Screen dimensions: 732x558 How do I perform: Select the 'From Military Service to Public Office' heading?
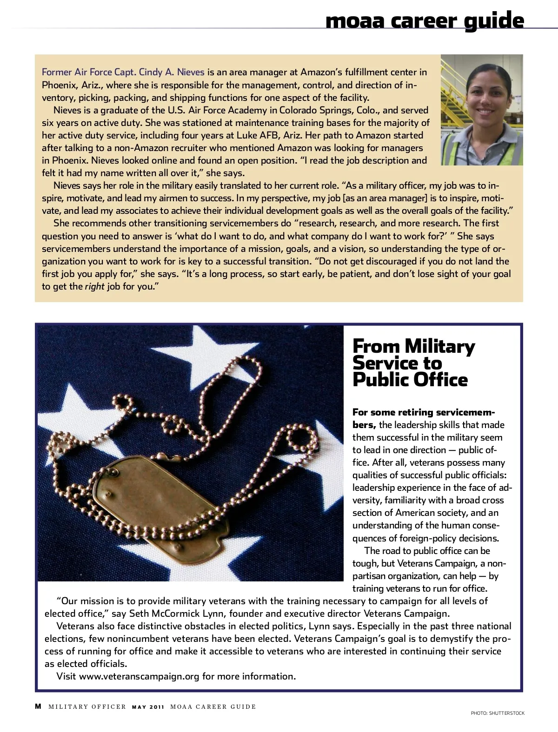(413, 363)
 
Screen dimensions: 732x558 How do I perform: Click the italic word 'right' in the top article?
(94, 286)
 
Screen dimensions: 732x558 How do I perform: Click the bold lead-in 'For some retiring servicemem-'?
(423, 412)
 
